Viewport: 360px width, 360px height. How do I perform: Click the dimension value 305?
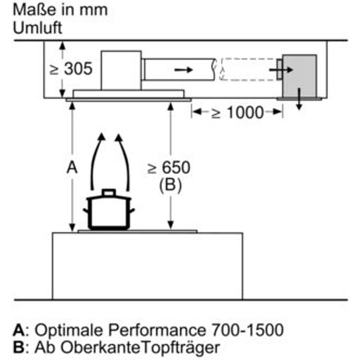point(78,69)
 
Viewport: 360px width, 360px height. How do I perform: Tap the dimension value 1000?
point(245,113)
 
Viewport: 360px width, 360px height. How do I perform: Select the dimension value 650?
point(176,167)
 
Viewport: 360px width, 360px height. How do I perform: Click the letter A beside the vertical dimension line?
point(72,167)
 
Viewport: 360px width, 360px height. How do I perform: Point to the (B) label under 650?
point(170,185)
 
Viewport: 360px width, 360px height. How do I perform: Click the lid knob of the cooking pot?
point(109,193)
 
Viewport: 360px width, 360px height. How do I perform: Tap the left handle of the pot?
point(86,210)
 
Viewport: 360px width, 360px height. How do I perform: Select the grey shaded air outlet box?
point(300,76)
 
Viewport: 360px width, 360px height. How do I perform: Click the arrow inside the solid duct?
point(183,70)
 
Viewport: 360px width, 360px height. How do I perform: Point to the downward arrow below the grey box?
point(299,99)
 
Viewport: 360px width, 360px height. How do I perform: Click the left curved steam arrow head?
point(101,137)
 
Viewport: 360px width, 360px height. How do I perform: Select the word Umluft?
point(37,28)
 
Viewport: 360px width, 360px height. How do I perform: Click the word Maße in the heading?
point(35,10)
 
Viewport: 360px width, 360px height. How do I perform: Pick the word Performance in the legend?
point(157,330)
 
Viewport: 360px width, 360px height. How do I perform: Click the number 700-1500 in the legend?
point(247,330)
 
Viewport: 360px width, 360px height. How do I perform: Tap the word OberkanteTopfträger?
point(140,347)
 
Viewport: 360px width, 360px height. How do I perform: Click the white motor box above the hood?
point(121,70)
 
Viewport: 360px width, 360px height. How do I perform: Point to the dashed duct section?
point(248,70)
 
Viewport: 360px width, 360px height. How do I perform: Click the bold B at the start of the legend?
point(19,347)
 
